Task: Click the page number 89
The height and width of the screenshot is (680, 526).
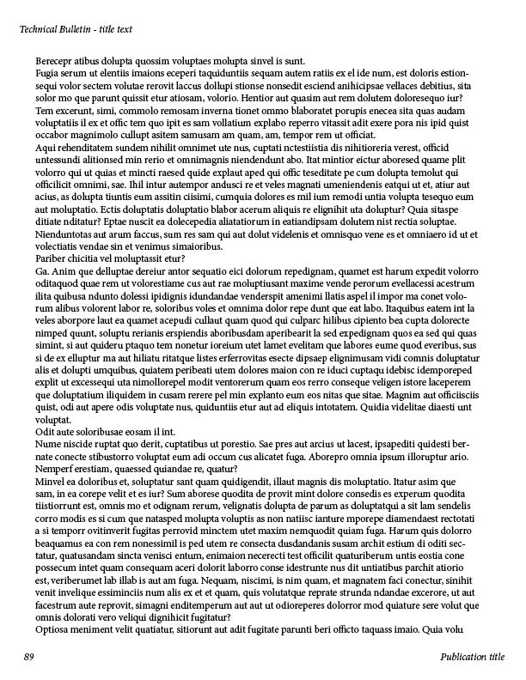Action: [28, 657]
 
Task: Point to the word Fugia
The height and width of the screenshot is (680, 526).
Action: [48, 75]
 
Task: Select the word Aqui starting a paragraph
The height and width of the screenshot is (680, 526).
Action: [46, 148]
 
